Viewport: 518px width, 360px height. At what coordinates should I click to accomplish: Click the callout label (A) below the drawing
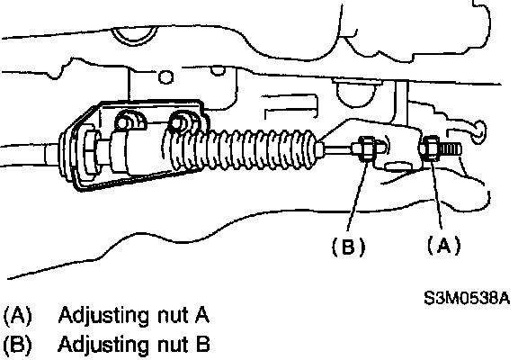(443, 246)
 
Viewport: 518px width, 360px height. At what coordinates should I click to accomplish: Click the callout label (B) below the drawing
(349, 247)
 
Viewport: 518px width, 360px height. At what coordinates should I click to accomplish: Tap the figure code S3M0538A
(467, 298)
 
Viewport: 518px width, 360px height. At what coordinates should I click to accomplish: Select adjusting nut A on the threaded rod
(430, 148)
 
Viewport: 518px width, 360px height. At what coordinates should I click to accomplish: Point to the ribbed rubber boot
(241, 148)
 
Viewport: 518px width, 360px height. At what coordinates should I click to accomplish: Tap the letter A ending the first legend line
(201, 314)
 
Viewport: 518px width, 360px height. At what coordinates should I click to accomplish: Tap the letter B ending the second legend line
(202, 344)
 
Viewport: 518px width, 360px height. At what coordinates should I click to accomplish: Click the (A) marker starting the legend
(17, 315)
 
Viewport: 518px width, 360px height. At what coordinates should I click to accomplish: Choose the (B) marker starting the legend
(17, 345)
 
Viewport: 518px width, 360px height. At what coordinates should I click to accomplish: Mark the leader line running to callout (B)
(357, 195)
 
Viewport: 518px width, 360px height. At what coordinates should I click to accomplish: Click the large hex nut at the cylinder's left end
(91, 153)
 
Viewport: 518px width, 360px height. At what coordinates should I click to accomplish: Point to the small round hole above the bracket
(165, 76)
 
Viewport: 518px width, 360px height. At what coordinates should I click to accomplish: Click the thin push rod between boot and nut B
(340, 149)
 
